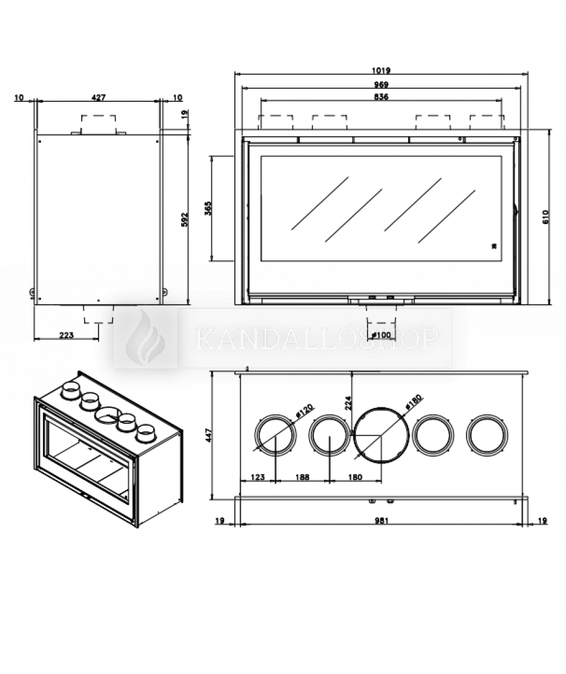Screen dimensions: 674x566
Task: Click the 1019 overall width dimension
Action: point(381,70)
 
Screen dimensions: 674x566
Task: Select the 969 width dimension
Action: point(381,85)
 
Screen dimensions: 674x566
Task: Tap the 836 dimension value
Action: point(381,97)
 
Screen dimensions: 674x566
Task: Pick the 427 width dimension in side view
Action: point(99,98)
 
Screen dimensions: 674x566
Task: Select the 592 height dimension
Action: point(184,219)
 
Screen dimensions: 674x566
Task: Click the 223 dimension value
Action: point(66,335)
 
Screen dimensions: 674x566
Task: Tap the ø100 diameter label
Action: point(380,335)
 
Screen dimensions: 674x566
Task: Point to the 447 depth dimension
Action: point(208,436)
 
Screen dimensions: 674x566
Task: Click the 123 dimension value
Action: point(257,476)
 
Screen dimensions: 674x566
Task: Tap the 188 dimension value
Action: point(303,476)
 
